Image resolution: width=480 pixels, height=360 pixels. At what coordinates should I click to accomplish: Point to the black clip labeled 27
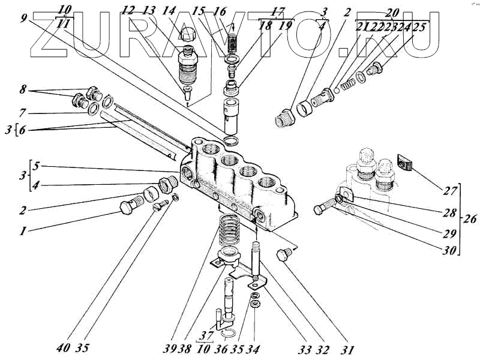coord(405,161)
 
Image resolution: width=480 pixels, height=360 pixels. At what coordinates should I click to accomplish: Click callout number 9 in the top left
coord(23,18)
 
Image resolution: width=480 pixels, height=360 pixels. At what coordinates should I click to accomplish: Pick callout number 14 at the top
coord(169,11)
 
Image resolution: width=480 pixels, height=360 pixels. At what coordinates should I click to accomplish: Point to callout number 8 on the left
coord(23,90)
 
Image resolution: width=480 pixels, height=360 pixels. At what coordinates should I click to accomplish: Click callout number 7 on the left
coord(23,112)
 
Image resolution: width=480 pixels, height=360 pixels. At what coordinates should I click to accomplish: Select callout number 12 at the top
coord(127,11)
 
